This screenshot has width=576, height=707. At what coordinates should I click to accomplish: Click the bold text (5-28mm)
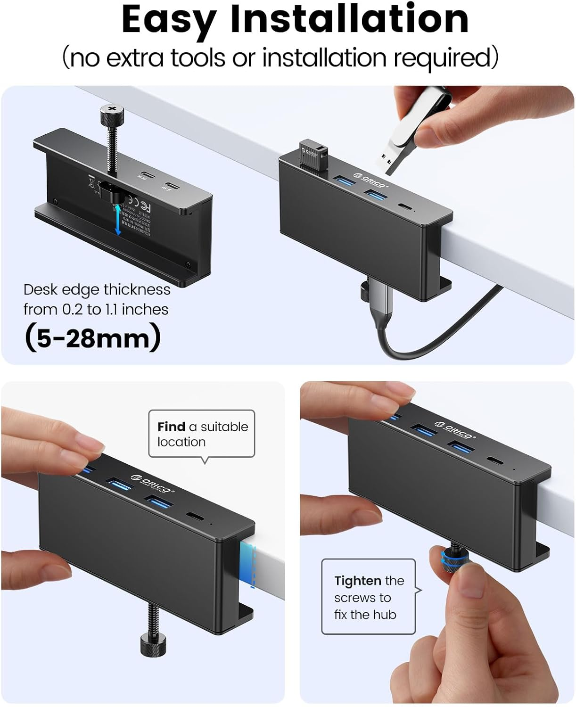tap(92, 338)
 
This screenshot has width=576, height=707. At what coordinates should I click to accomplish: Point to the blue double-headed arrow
tap(118, 220)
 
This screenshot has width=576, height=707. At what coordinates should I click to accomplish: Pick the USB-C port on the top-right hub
tap(404, 206)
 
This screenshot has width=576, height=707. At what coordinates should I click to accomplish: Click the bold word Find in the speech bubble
tap(171, 427)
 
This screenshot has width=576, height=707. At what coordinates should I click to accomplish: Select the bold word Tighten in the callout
tap(358, 581)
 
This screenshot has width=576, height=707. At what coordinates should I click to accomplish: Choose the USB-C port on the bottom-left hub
tap(194, 517)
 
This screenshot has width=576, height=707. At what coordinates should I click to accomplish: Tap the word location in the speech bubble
tap(181, 442)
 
